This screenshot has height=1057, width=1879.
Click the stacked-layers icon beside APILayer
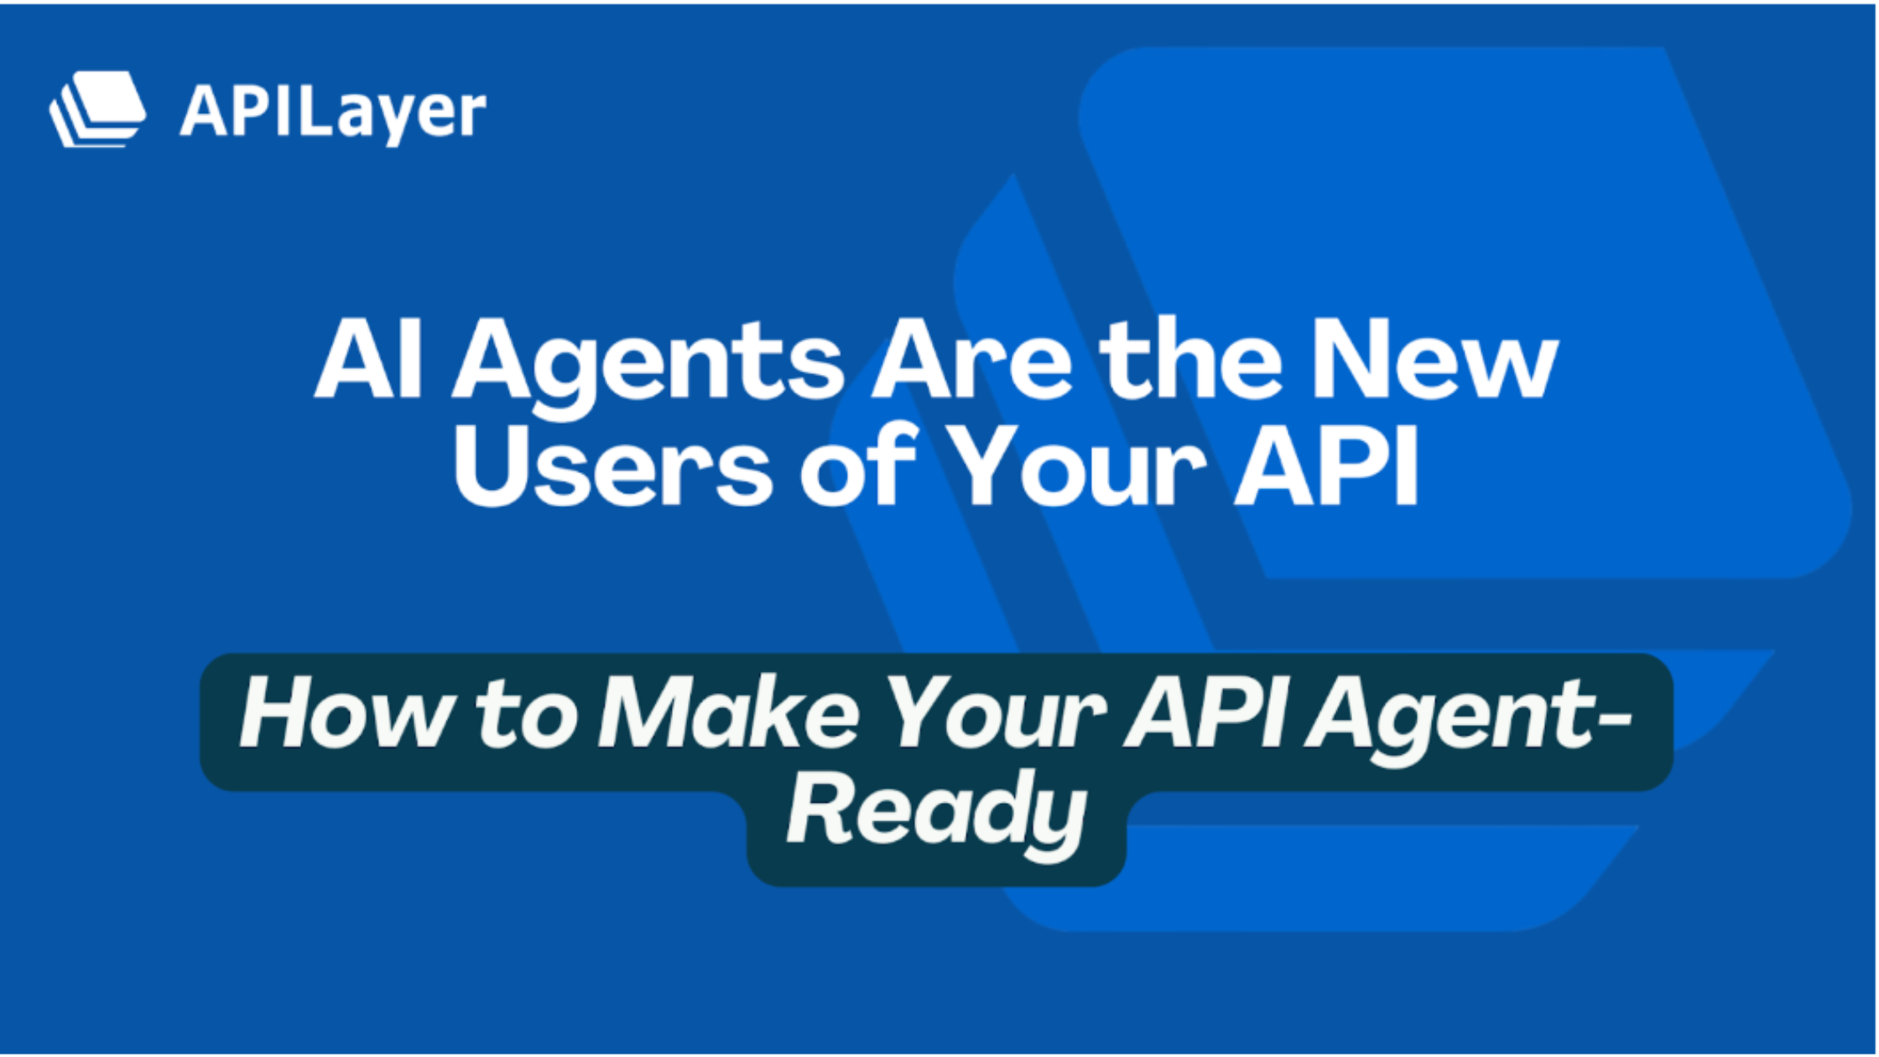[97, 109]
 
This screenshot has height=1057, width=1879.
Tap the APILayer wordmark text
[333, 113]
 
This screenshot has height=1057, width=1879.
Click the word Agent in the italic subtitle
[1444, 721]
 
